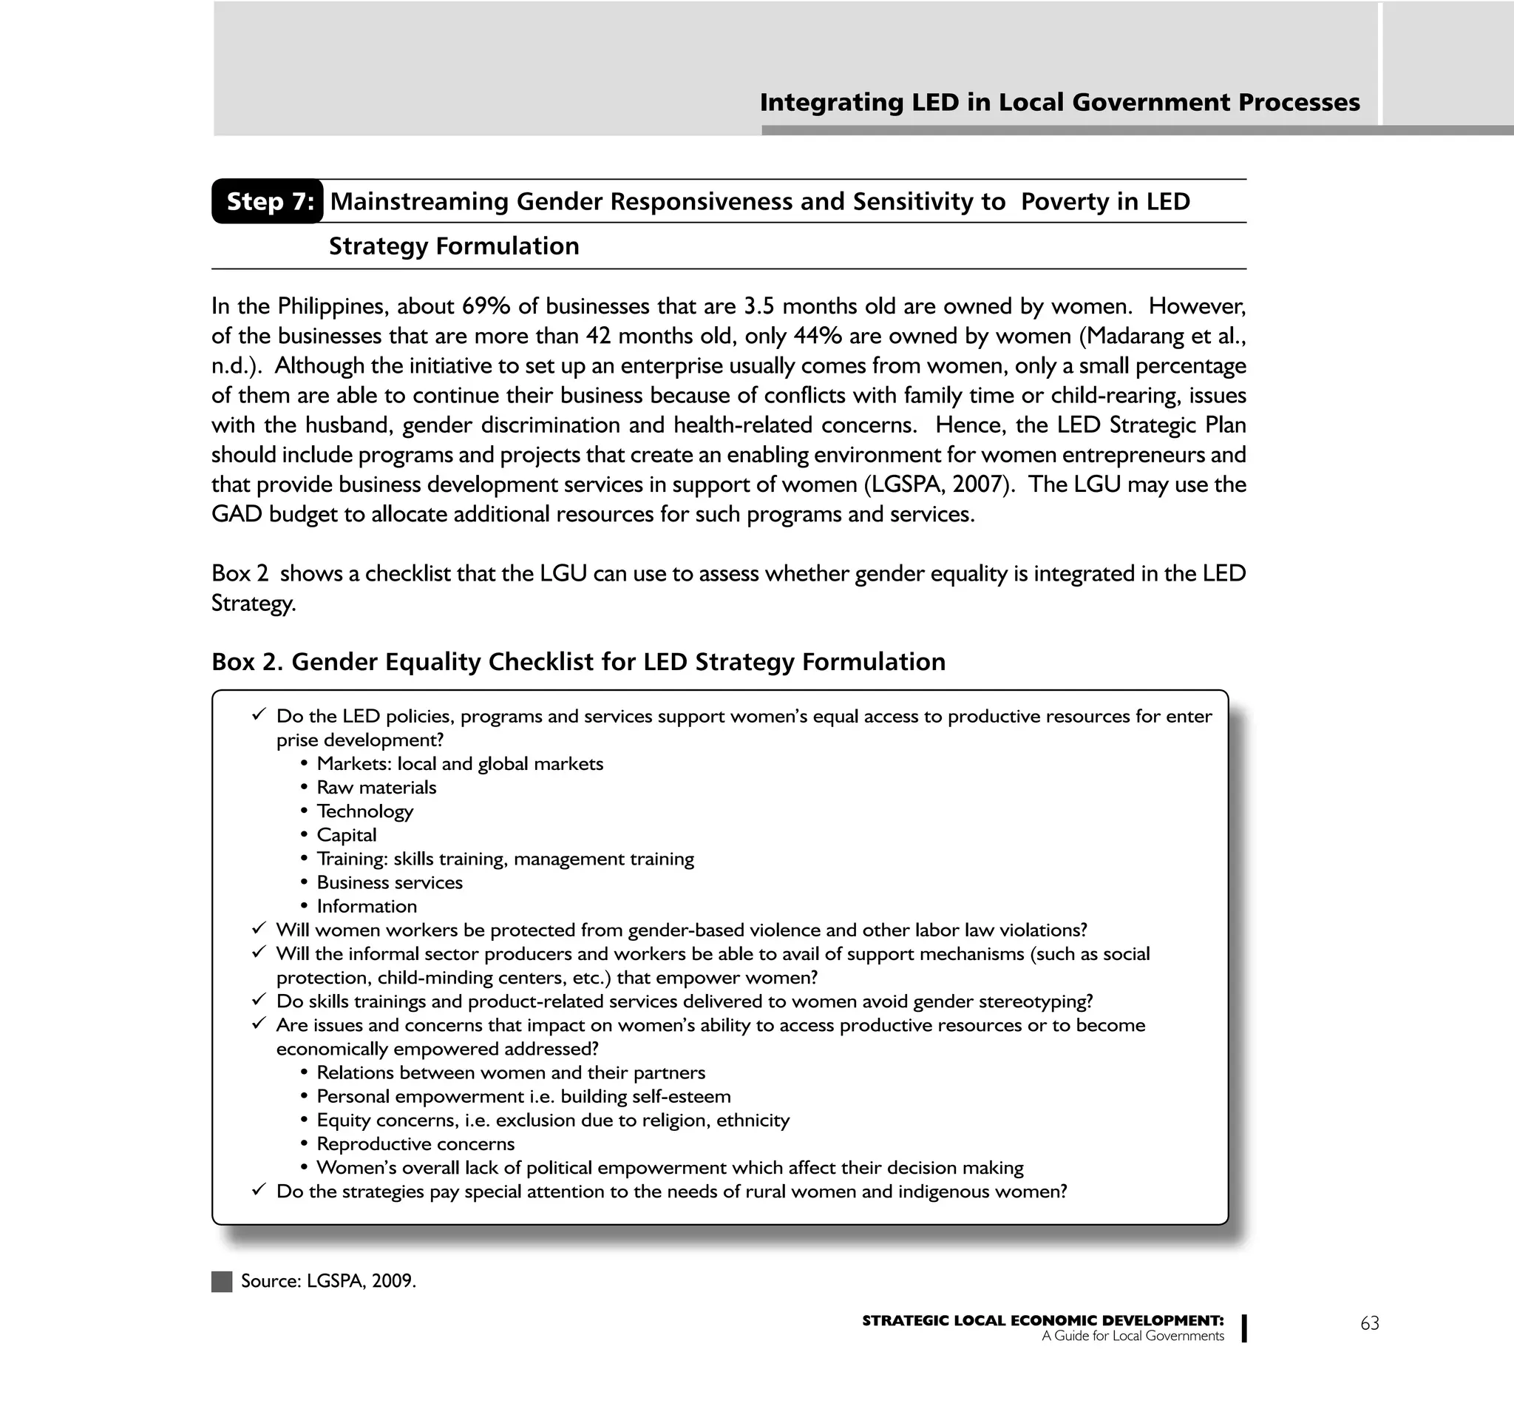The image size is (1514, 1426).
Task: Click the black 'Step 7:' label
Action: pos(268,201)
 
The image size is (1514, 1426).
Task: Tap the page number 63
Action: pos(1369,1323)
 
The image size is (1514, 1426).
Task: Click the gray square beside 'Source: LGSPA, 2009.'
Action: pos(222,1281)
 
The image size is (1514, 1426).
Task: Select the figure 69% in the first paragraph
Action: pos(486,306)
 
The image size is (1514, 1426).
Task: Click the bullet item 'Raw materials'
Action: pos(376,788)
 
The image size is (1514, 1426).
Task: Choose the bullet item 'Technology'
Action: pos(364,811)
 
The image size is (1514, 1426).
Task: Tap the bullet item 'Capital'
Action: pos(347,835)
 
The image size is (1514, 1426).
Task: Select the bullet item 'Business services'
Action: pos(389,882)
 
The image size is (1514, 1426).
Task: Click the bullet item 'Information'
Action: pos(367,906)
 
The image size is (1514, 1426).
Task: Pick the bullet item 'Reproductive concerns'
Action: pos(415,1143)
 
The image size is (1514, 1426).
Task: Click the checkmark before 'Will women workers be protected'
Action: pos(259,928)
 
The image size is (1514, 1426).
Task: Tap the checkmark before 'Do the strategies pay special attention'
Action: pos(259,1190)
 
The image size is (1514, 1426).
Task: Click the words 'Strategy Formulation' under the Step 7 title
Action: pos(454,246)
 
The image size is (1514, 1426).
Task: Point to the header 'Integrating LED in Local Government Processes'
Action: pos(1059,102)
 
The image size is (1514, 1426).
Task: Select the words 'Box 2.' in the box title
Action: pos(247,661)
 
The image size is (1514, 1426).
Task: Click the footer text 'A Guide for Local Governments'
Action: pos(1133,1335)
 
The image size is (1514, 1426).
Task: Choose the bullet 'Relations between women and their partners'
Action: pos(510,1072)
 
